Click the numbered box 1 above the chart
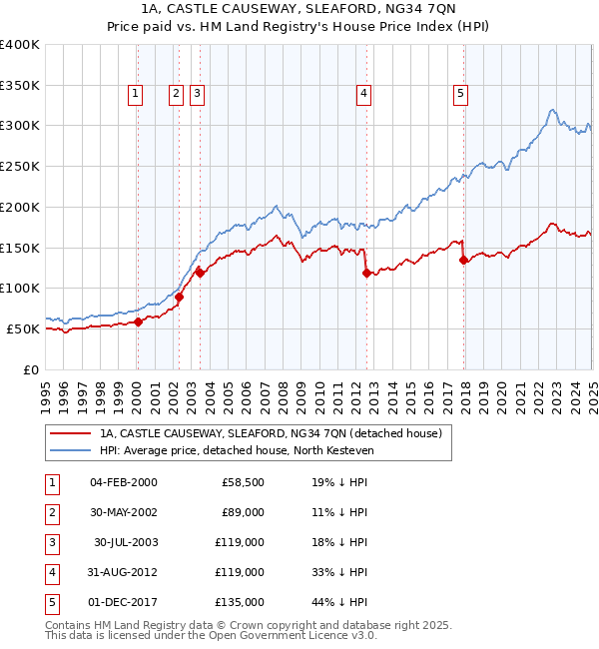[135, 94]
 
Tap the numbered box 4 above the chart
[363, 94]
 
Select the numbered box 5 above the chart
[460, 94]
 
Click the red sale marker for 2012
[366, 273]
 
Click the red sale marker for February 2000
[139, 322]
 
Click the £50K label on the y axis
[24, 328]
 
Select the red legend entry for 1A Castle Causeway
[276, 433]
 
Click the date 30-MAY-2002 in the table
[124, 512]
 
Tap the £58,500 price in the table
[243, 482]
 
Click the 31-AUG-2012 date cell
[124, 572]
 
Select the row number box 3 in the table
[49, 542]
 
